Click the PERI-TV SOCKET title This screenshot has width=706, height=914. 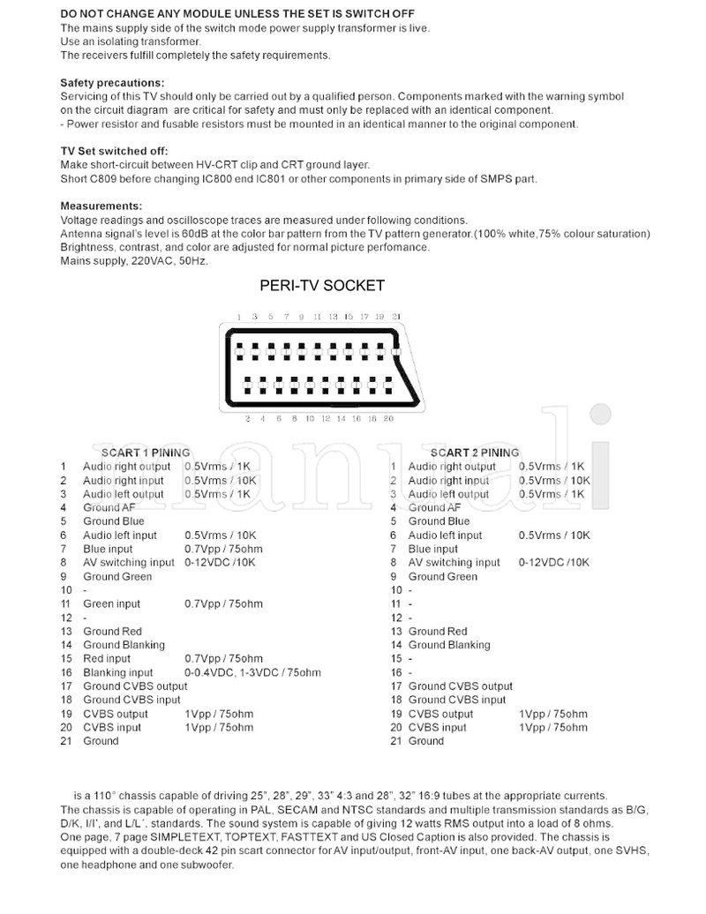(322, 285)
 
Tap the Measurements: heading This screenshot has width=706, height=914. (95, 206)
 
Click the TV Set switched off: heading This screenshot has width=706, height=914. (114, 151)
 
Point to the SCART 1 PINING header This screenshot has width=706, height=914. (146, 453)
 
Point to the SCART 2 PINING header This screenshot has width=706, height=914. (475, 453)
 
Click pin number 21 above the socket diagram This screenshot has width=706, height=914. (397, 316)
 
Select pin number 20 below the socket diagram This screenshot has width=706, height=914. (388, 418)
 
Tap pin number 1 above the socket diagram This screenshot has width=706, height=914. (238, 316)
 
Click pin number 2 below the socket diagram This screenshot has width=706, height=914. (248, 418)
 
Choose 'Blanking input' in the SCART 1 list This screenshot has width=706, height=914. (117, 672)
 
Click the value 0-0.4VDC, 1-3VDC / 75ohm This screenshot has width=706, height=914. (252, 672)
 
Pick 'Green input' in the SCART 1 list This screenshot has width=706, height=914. (111, 603)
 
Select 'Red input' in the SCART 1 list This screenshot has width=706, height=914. (107, 658)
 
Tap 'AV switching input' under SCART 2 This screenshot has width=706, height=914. (454, 562)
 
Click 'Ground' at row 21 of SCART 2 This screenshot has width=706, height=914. (425, 741)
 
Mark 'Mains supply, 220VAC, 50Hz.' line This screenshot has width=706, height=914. (134, 260)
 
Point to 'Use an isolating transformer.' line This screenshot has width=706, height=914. (131, 41)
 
